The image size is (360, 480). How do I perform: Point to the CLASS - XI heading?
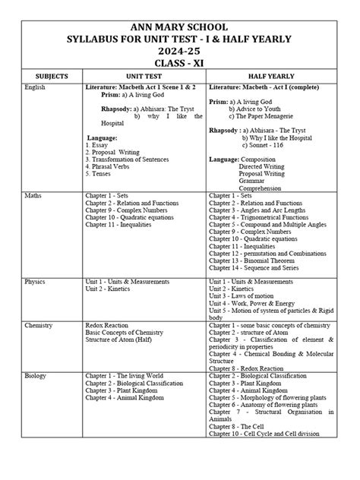click(180, 63)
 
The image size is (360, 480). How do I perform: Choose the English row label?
click(36, 88)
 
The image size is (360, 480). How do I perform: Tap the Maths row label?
click(33, 196)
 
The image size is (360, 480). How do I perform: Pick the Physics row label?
click(36, 281)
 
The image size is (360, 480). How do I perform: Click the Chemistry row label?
click(39, 322)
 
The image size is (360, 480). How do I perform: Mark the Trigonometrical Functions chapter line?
click(264, 216)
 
